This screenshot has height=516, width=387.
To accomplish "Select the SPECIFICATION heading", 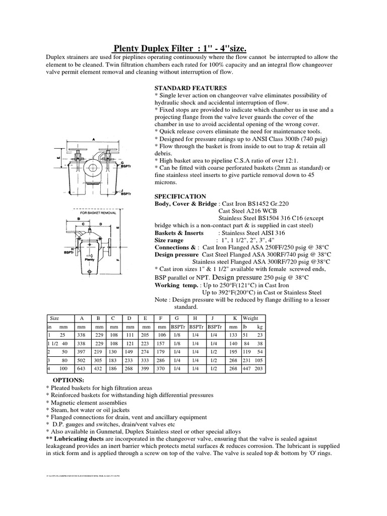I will tap(180, 196).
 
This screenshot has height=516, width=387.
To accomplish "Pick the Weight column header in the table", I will tap(250, 318).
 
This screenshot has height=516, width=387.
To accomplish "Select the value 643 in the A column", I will tap(81, 369).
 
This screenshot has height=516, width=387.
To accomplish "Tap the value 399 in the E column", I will tap(146, 369).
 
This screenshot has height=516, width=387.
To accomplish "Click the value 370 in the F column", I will tap(161, 369).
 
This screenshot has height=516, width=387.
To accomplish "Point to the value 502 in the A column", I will tap(81, 360).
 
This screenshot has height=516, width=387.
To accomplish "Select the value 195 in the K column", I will tap(233, 351).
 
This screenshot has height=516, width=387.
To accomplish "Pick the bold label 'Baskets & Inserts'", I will tap(179, 233).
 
